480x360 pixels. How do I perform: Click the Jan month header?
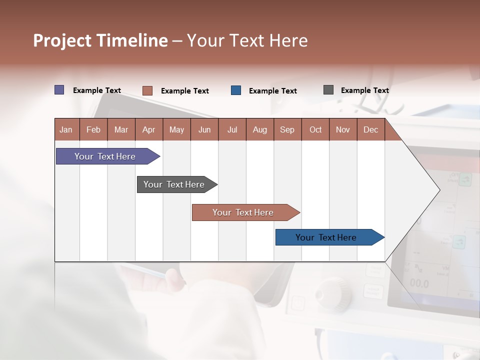(x=66, y=129)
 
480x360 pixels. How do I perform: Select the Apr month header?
(x=148, y=129)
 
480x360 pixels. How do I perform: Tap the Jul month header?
(x=232, y=129)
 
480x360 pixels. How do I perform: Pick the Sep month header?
(x=287, y=129)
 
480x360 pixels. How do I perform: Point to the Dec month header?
(x=370, y=129)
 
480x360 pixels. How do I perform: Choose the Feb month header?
(x=93, y=129)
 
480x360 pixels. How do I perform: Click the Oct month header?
(x=315, y=129)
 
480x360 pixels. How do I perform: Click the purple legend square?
(x=59, y=90)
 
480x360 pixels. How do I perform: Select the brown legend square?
(x=147, y=90)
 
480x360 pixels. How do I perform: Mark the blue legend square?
(x=236, y=90)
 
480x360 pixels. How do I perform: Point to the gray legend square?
(x=328, y=90)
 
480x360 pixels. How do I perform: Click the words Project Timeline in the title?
(x=100, y=40)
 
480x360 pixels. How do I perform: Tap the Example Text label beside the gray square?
(x=364, y=90)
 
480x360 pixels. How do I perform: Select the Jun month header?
(x=204, y=129)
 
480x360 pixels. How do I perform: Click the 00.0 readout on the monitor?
(x=419, y=284)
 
